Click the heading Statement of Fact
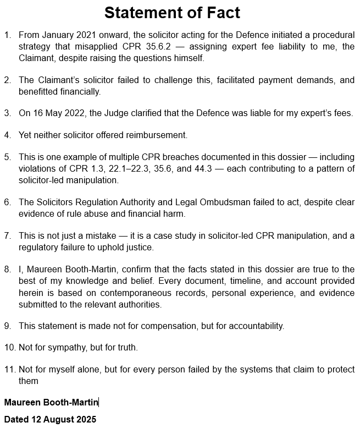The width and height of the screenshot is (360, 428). tap(172, 13)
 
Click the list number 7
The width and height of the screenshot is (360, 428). tap(8, 236)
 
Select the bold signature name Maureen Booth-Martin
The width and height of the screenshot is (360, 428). tap(51, 403)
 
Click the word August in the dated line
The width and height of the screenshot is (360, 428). tap(58, 419)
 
